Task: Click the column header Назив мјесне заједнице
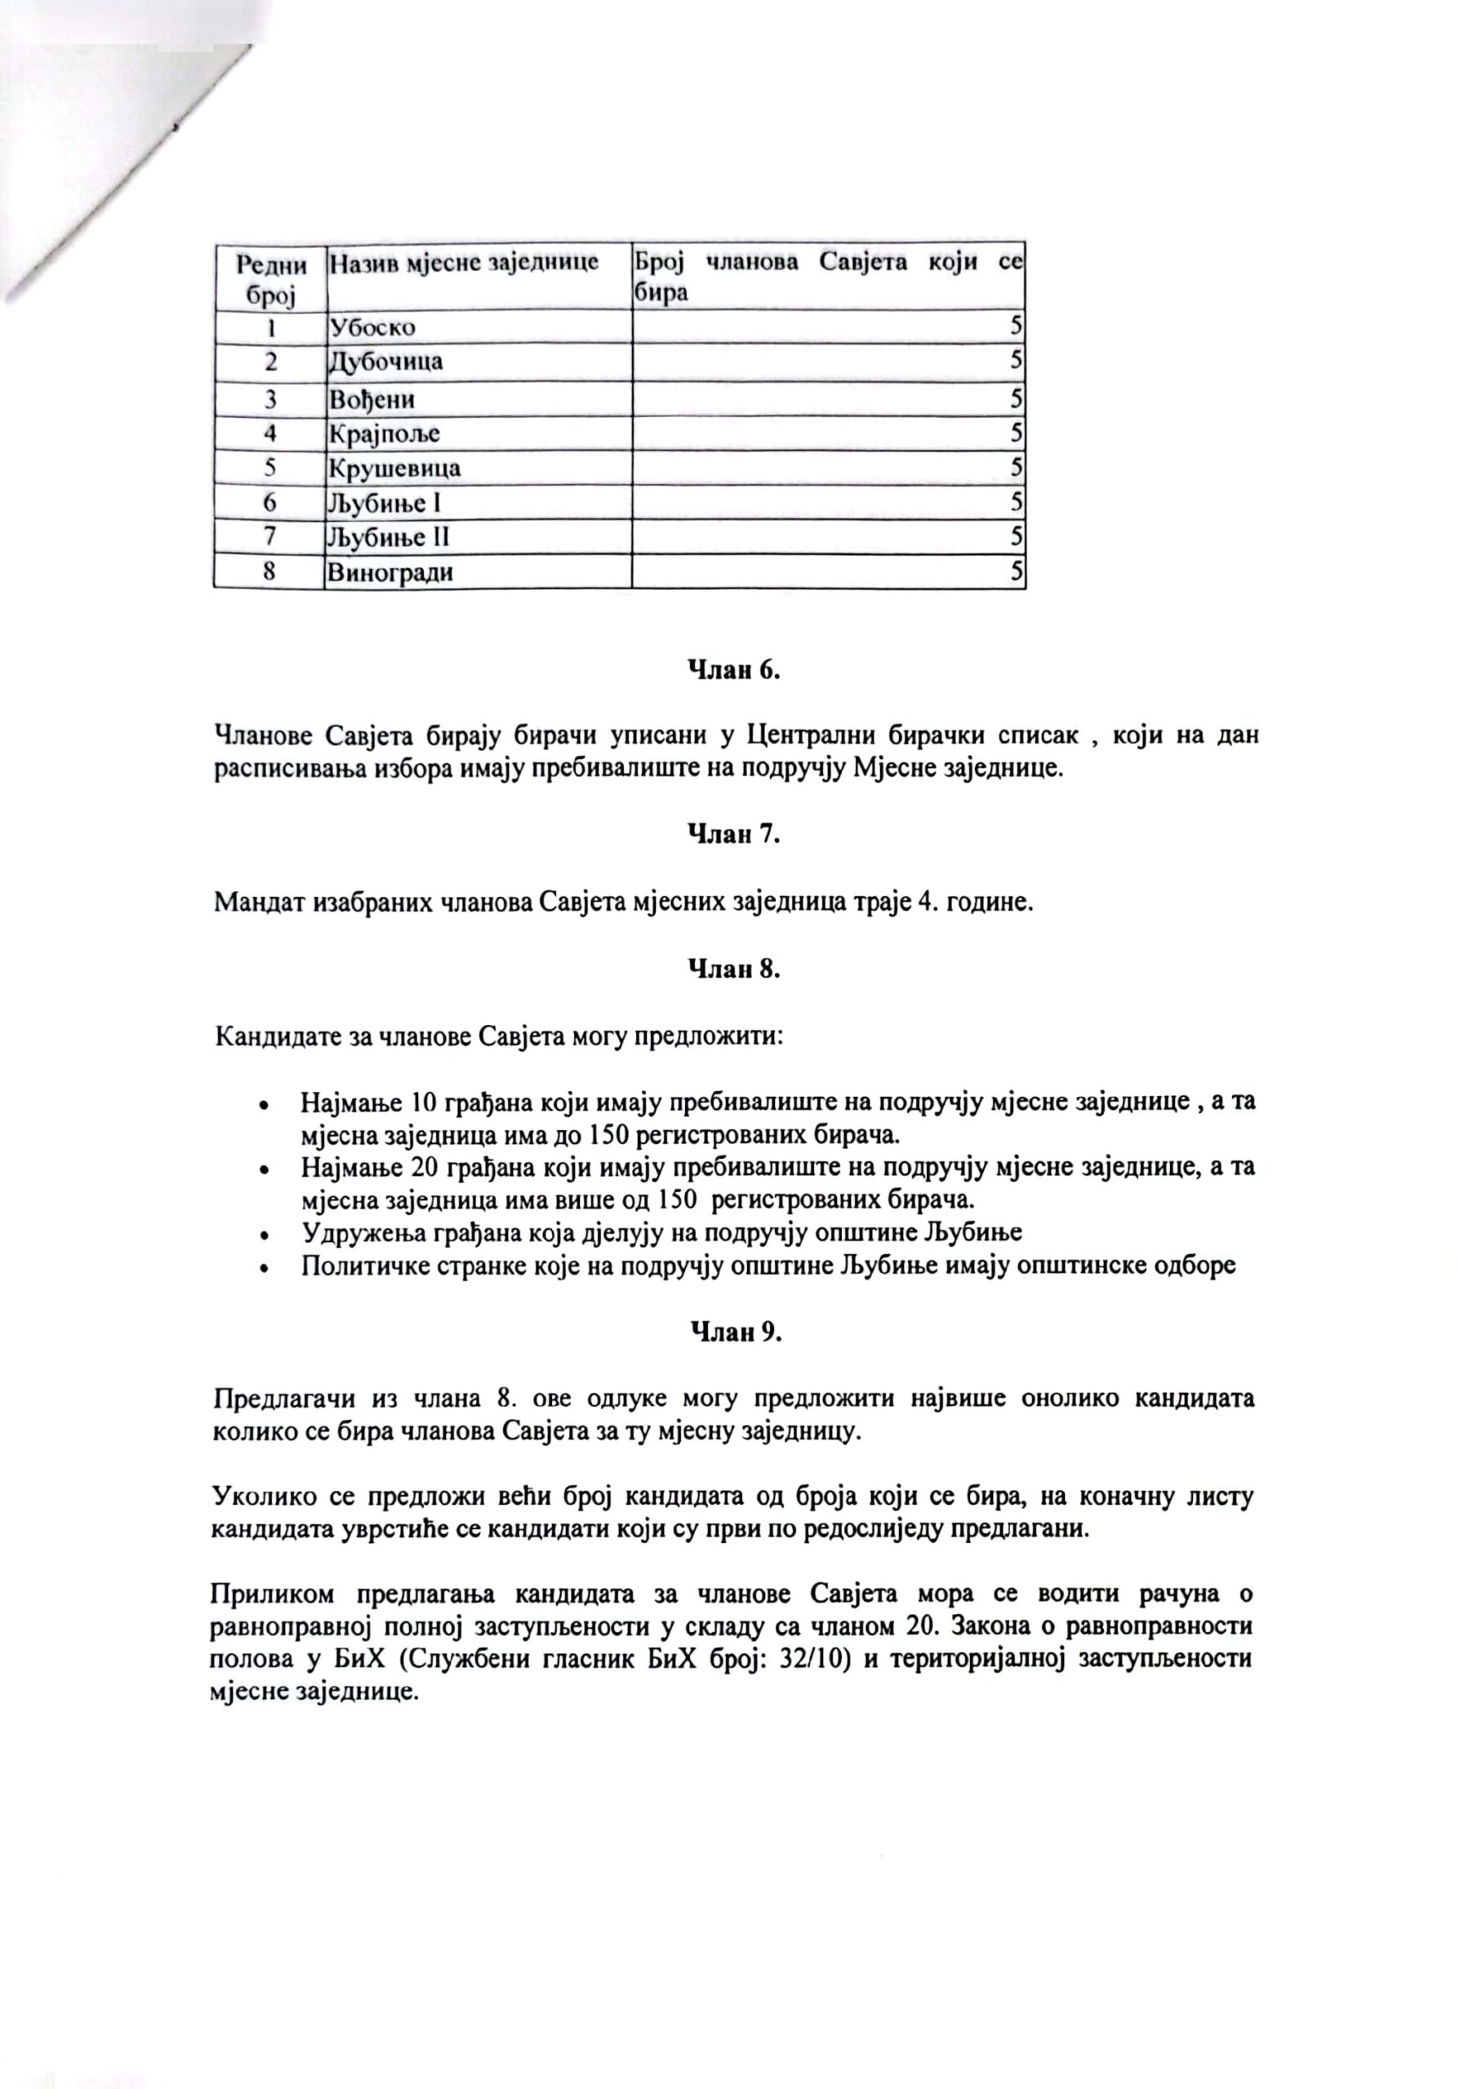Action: point(465,263)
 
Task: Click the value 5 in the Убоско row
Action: point(1016,327)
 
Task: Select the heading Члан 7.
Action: point(733,833)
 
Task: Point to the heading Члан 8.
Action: point(733,969)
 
